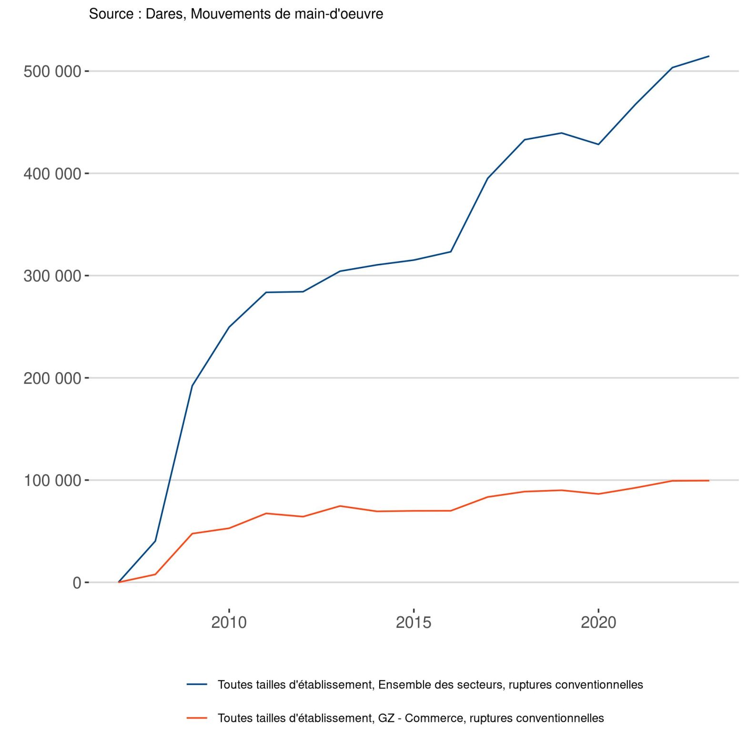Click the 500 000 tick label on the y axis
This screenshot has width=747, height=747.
52,71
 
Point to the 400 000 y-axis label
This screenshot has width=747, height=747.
52,174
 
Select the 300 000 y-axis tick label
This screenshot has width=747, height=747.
52,276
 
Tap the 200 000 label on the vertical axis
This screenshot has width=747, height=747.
52,378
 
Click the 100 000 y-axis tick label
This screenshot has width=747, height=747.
52,480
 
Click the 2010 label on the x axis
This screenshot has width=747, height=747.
229,622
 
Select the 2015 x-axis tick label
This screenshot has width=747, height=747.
414,622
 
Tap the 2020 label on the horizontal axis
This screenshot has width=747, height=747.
598,622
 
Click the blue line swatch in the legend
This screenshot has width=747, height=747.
197,685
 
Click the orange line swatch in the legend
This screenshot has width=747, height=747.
197,718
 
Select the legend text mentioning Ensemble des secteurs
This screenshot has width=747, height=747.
430,685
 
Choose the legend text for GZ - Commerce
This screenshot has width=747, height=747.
411,718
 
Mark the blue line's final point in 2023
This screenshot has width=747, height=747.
709,56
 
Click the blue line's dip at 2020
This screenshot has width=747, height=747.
598,144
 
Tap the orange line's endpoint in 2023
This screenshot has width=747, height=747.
709,481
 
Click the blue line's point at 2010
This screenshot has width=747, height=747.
229,327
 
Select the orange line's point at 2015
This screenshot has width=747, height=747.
414,511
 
